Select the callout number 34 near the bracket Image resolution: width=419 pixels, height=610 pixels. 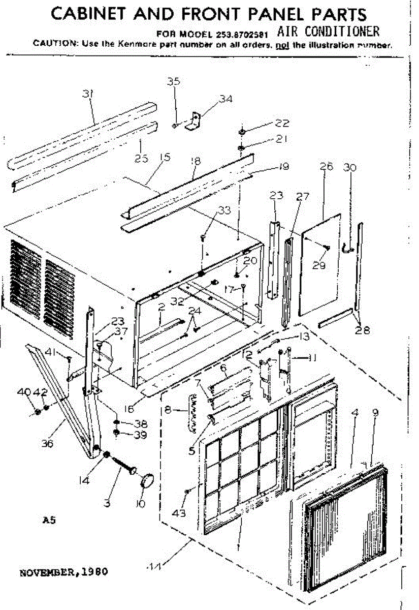coord(225,99)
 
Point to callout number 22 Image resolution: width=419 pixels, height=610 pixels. coord(282,123)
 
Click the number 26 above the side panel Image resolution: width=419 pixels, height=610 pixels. coord(327,166)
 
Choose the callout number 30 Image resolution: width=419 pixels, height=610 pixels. coord(350,167)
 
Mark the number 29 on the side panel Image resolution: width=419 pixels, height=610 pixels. coord(319,265)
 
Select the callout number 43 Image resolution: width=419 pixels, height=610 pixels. coord(179,513)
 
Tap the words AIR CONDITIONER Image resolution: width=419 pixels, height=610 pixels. coord(328,32)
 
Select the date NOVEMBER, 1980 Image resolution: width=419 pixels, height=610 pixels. coord(63,571)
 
